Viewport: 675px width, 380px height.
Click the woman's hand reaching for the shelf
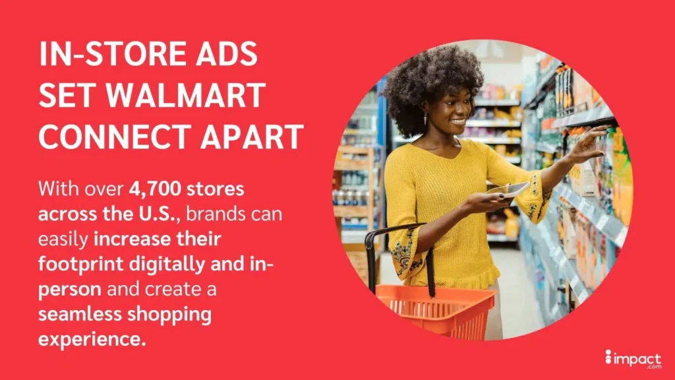point(583,146)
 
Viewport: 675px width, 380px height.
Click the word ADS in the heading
point(227,55)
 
